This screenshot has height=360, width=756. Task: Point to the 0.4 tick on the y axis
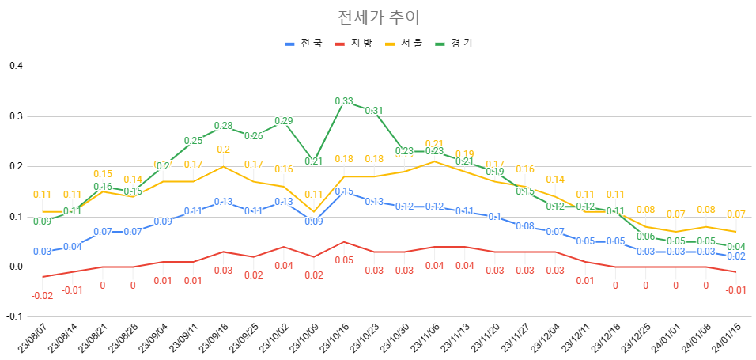click(x=15, y=66)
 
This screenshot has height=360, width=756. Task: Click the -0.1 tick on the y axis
click(x=13, y=316)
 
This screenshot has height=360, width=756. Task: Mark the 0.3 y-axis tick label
click(x=15, y=116)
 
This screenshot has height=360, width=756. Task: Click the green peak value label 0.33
click(x=344, y=101)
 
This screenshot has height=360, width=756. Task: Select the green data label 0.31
click(x=374, y=111)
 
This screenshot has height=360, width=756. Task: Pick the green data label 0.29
click(x=283, y=121)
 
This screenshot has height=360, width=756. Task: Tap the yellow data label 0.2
click(x=223, y=150)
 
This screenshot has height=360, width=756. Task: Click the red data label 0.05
click(x=344, y=260)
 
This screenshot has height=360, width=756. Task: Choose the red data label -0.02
click(x=42, y=295)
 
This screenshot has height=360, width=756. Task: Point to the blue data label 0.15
click(x=344, y=191)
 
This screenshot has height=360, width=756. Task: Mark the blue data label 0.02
click(x=735, y=256)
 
